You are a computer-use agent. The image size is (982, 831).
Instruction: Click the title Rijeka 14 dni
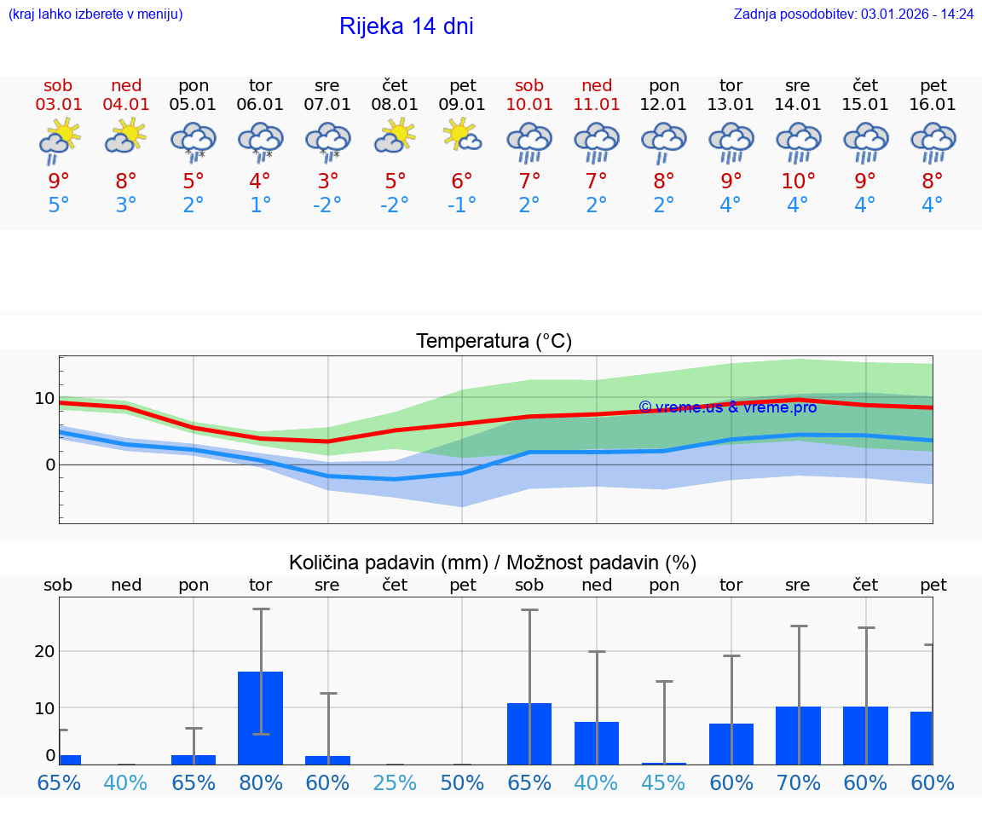pyautogui.click(x=406, y=26)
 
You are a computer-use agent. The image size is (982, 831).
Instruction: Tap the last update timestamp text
pyautogui.click(x=853, y=14)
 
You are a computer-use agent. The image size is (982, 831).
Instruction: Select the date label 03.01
pyautogui.click(x=59, y=105)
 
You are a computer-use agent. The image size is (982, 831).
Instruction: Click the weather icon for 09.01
pyautogui.click(x=463, y=136)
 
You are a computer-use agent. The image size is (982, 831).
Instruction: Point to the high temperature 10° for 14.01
pyautogui.click(x=798, y=182)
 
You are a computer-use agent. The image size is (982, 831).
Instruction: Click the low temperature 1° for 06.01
pyautogui.click(x=261, y=205)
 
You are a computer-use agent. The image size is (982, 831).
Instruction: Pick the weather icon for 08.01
pyautogui.click(x=396, y=136)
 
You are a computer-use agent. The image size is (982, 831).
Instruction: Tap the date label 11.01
pyautogui.click(x=597, y=105)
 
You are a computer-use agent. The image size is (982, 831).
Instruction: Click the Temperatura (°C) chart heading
pyautogui.click(x=494, y=342)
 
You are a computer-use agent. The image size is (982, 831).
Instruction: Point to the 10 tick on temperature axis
pyautogui.click(x=44, y=398)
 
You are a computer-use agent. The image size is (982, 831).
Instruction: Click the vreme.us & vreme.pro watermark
pyautogui.click(x=727, y=407)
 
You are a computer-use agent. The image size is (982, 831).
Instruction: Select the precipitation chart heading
pyautogui.click(x=493, y=563)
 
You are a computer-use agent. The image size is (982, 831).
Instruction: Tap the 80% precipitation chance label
pyautogui.click(x=261, y=782)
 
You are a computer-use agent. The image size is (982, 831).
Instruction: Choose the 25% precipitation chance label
pyautogui.click(x=396, y=782)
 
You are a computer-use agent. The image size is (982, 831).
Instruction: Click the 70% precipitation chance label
pyautogui.click(x=798, y=782)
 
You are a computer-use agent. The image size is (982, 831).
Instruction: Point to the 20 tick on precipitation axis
pyautogui.click(x=44, y=651)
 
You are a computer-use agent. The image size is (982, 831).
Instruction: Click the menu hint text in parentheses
pyautogui.click(x=95, y=14)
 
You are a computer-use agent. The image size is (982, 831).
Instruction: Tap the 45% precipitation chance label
pyautogui.click(x=664, y=782)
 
